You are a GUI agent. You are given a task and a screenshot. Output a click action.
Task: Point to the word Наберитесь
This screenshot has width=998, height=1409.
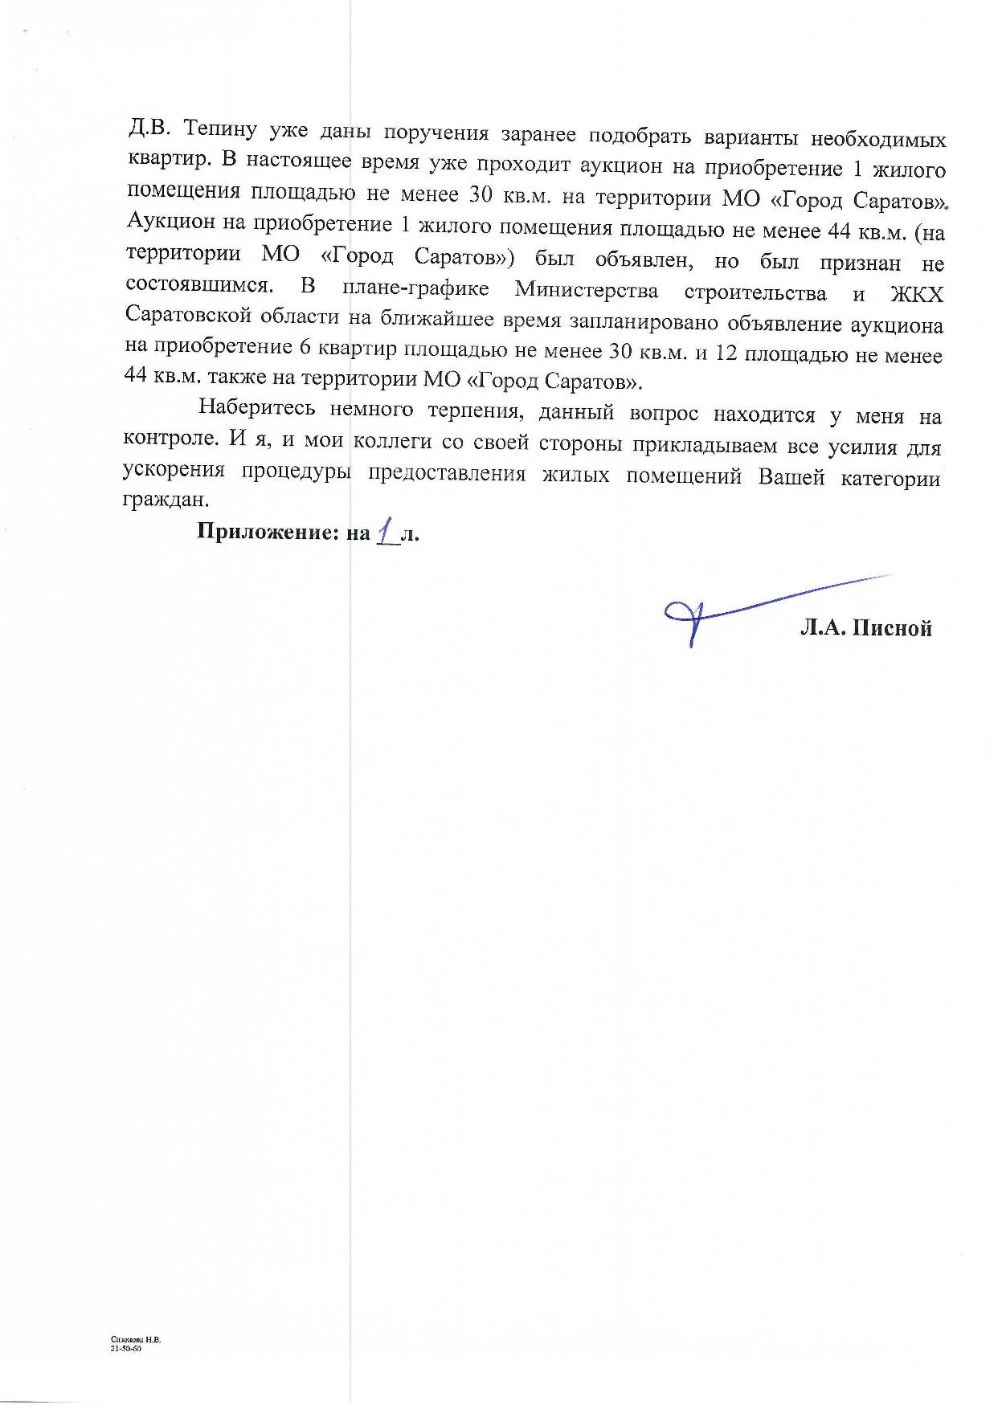coord(256,408)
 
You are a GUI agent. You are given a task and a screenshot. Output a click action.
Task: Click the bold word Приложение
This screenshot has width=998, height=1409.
coord(268,533)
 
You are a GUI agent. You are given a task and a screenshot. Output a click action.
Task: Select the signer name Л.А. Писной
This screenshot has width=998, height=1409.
coord(865,627)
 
